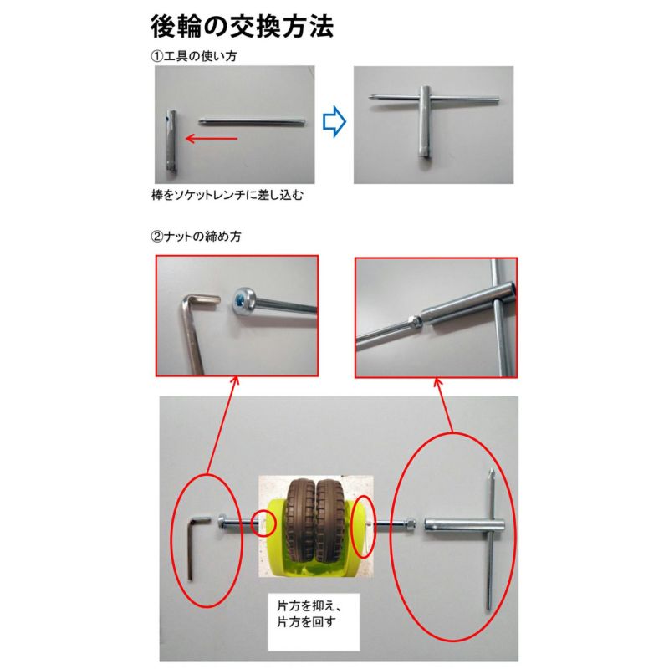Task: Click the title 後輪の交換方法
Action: click(242, 27)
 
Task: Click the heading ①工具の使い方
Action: click(190, 56)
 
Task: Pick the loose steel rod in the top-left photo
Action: click(252, 120)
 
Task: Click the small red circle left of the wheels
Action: click(264, 523)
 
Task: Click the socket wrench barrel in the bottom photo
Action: click(452, 526)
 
